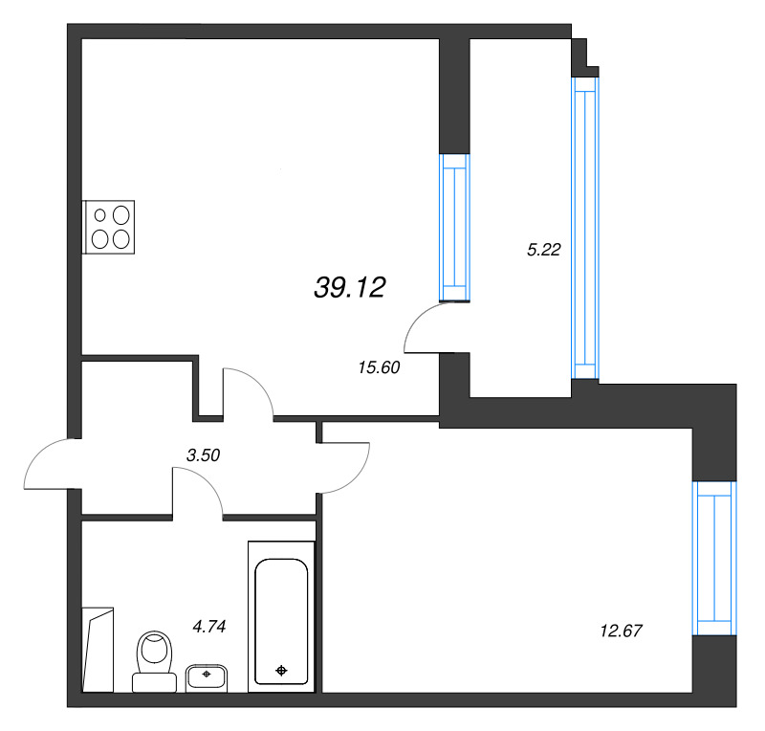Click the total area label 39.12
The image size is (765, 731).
click(x=350, y=287)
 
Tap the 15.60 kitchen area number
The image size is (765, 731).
click(x=379, y=367)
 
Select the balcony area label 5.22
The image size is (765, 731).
click(x=544, y=250)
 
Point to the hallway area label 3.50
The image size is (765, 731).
click(x=204, y=455)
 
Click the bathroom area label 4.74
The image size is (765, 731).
click(x=209, y=626)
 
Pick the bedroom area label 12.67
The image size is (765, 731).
click(x=621, y=631)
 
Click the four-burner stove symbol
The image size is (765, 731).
click(x=108, y=227)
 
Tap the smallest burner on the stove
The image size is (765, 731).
click(x=100, y=215)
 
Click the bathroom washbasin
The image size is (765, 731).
click(x=207, y=677)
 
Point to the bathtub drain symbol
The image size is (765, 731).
click(x=281, y=671)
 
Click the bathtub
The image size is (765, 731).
click(x=281, y=617)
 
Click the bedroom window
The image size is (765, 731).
click(x=714, y=558)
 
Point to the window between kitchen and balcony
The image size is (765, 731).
click(x=454, y=227)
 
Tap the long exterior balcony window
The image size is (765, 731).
click(x=585, y=228)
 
